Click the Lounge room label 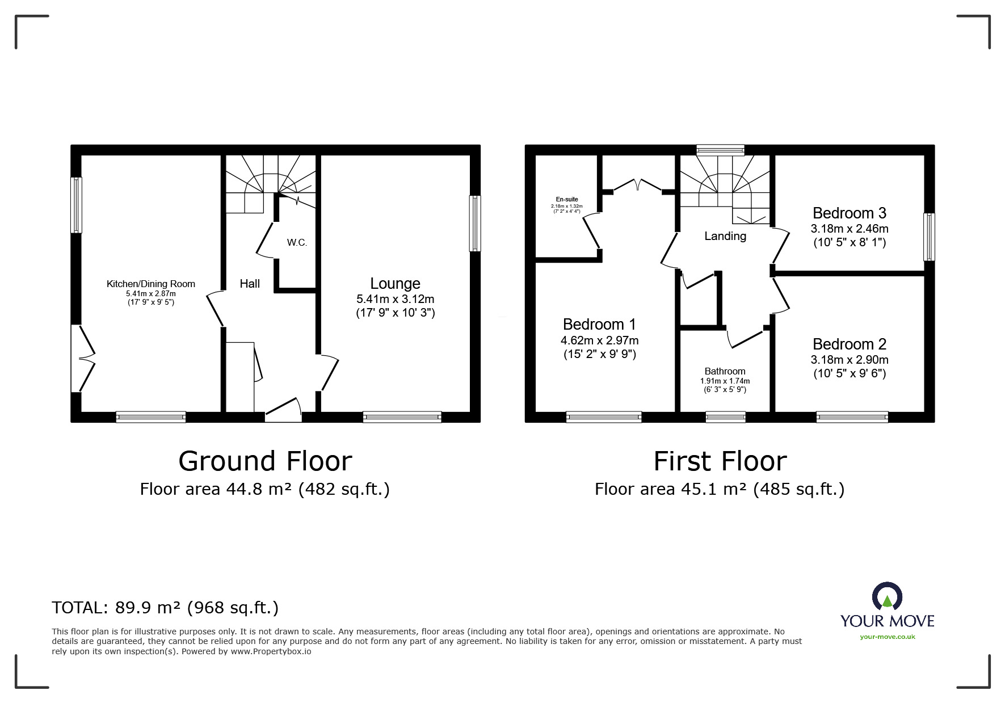395,283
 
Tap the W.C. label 297,243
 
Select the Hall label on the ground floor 250,283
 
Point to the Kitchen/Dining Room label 151,284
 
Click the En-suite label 567,199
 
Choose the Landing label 725,236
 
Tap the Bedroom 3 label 850,213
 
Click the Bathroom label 725,371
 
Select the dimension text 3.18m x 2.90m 850,360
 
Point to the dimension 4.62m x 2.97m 600,340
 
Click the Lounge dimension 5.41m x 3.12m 395,299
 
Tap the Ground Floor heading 265,461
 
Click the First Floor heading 720,461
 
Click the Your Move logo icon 887,596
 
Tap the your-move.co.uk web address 888,637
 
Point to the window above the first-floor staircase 720,150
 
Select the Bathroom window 725,417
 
